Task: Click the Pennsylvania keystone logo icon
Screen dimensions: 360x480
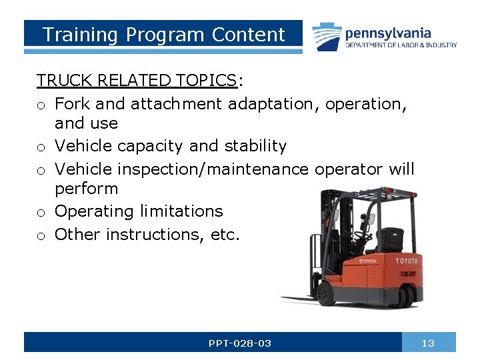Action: tap(325, 37)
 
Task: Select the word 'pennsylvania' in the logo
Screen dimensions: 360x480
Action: tap(388, 33)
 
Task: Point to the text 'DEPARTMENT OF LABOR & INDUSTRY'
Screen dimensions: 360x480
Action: tap(401, 45)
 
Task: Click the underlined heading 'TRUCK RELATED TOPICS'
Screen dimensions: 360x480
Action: tap(137, 81)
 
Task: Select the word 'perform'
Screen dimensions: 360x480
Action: tap(86, 189)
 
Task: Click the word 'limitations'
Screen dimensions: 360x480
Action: tap(181, 211)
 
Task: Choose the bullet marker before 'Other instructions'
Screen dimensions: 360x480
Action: tap(41, 235)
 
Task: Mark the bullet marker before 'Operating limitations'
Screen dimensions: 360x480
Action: tap(41, 212)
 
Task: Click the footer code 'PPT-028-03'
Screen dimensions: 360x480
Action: tap(239, 343)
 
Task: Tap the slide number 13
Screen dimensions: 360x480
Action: tap(428, 343)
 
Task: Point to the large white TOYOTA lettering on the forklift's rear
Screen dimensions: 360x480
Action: tap(406, 261)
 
